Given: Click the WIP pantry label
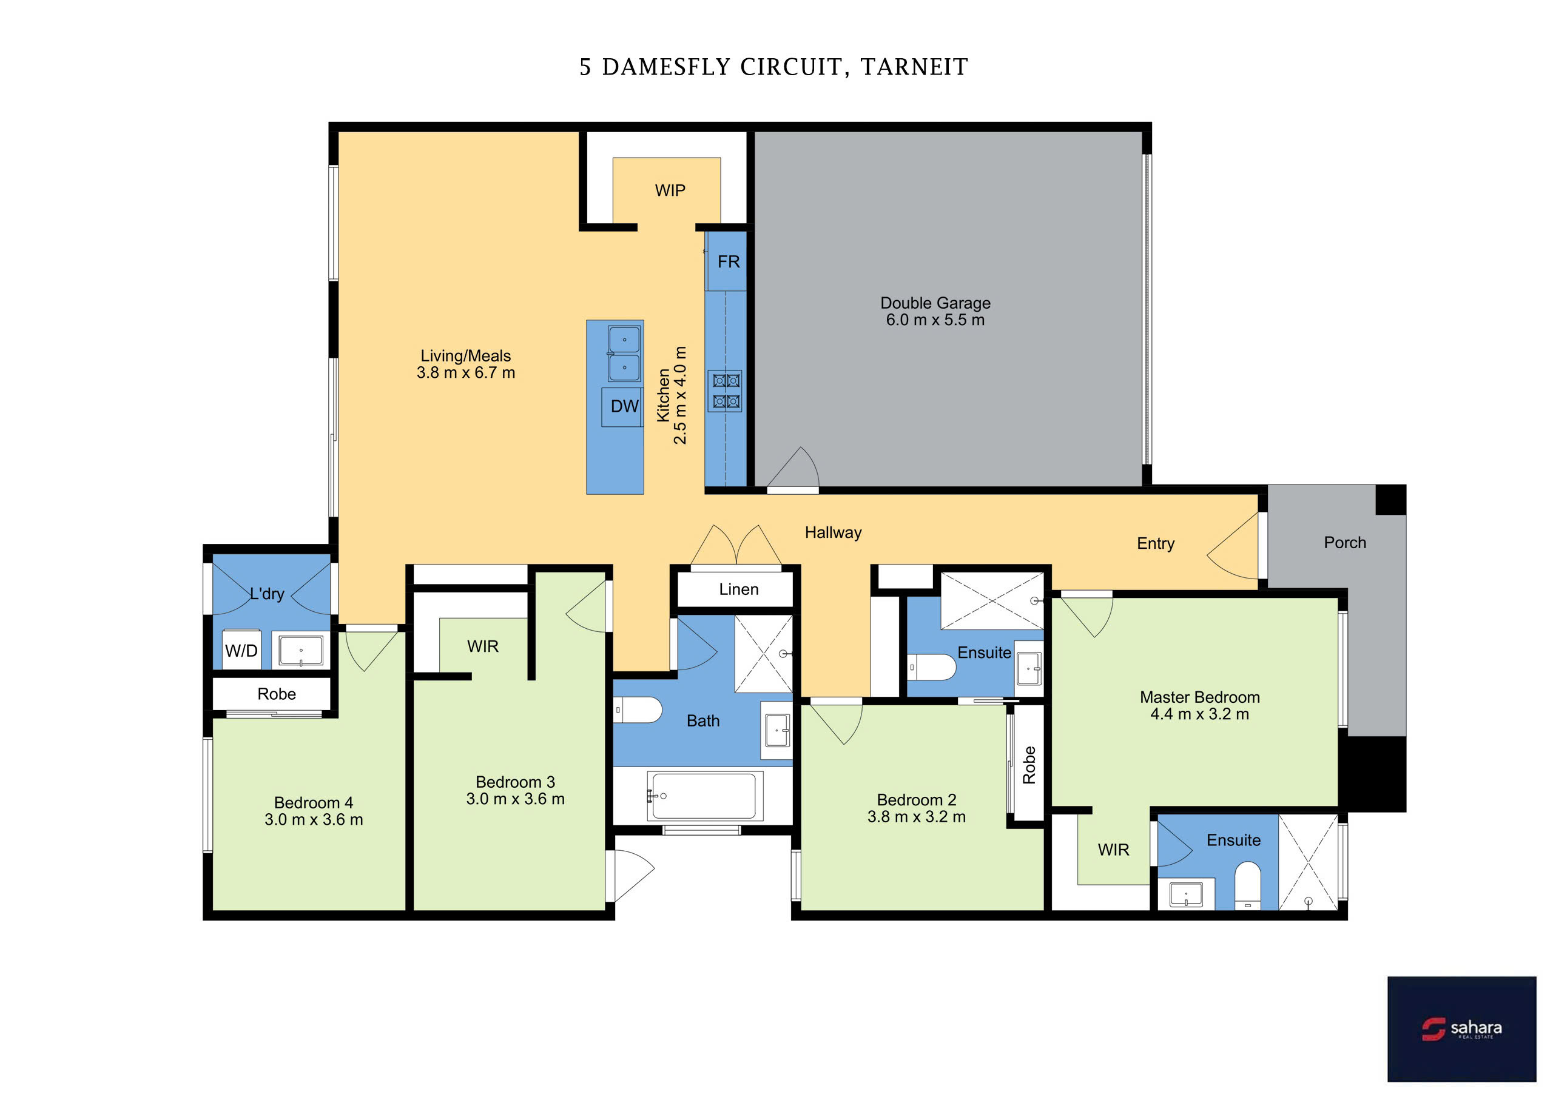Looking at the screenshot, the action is [670, 191].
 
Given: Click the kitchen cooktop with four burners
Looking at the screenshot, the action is [724, 391].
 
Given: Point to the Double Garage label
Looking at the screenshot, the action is [935, 303].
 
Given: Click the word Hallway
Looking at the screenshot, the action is [833, 533].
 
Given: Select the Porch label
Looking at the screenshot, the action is [1345, 543].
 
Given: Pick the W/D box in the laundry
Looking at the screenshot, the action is [241, 651].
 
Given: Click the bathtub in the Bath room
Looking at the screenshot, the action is [705, 796].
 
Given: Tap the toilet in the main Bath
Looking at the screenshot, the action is [637, 710].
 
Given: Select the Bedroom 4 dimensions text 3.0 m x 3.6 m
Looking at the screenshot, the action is [314, 820].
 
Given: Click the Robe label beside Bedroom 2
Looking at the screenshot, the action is [1029, 765].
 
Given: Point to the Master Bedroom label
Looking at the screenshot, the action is [1199, 697].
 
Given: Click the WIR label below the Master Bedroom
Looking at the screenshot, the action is [1113, 850].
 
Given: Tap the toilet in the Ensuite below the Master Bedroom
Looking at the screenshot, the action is [1248, 885].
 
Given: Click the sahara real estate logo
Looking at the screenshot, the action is [1461, 1028].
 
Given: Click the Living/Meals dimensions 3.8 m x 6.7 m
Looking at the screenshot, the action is [466, 373].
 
